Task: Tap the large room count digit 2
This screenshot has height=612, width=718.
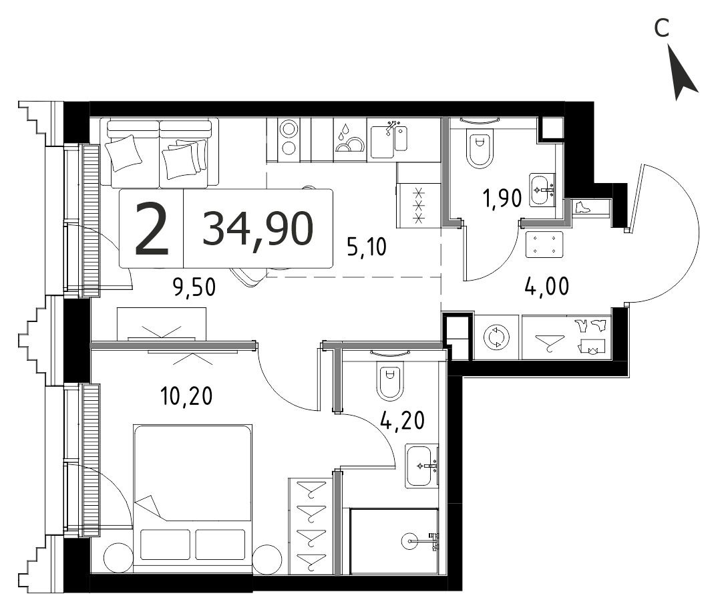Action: click(152, 229)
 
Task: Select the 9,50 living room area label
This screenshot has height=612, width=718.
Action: click(194, 287)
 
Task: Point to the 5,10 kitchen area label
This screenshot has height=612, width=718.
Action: click(367, 247)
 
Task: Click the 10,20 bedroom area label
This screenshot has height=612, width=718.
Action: click(186, 396)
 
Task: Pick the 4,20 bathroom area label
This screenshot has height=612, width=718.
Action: click(403, 420)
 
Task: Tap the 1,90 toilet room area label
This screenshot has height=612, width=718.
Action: click(502, 199)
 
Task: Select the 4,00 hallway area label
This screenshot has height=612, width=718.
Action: click(547, 287)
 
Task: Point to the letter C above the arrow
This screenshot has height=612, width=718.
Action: click(661, 29)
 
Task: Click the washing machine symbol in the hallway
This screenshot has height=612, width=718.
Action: click(497, 337)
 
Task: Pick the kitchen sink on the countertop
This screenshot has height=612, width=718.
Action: click(389, 139)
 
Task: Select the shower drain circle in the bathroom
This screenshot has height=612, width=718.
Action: click(410, 541)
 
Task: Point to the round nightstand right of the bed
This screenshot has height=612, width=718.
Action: click(267, 559)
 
